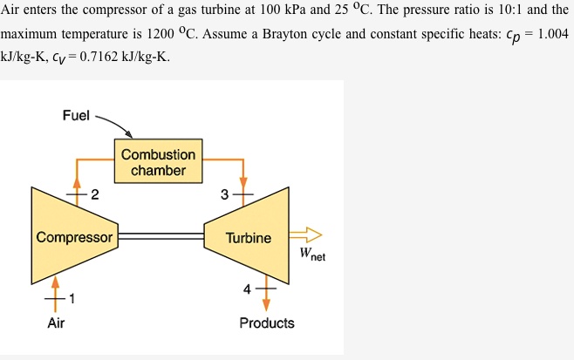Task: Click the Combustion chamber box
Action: point(158,161)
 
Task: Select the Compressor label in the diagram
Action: point(74,237)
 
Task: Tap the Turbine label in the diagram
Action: point(248,237)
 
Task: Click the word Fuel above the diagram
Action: point(76,116)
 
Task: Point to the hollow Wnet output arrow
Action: point(306,234)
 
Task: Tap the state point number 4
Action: point(247,288)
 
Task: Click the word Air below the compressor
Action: point(56,323)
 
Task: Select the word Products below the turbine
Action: point(266,323)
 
